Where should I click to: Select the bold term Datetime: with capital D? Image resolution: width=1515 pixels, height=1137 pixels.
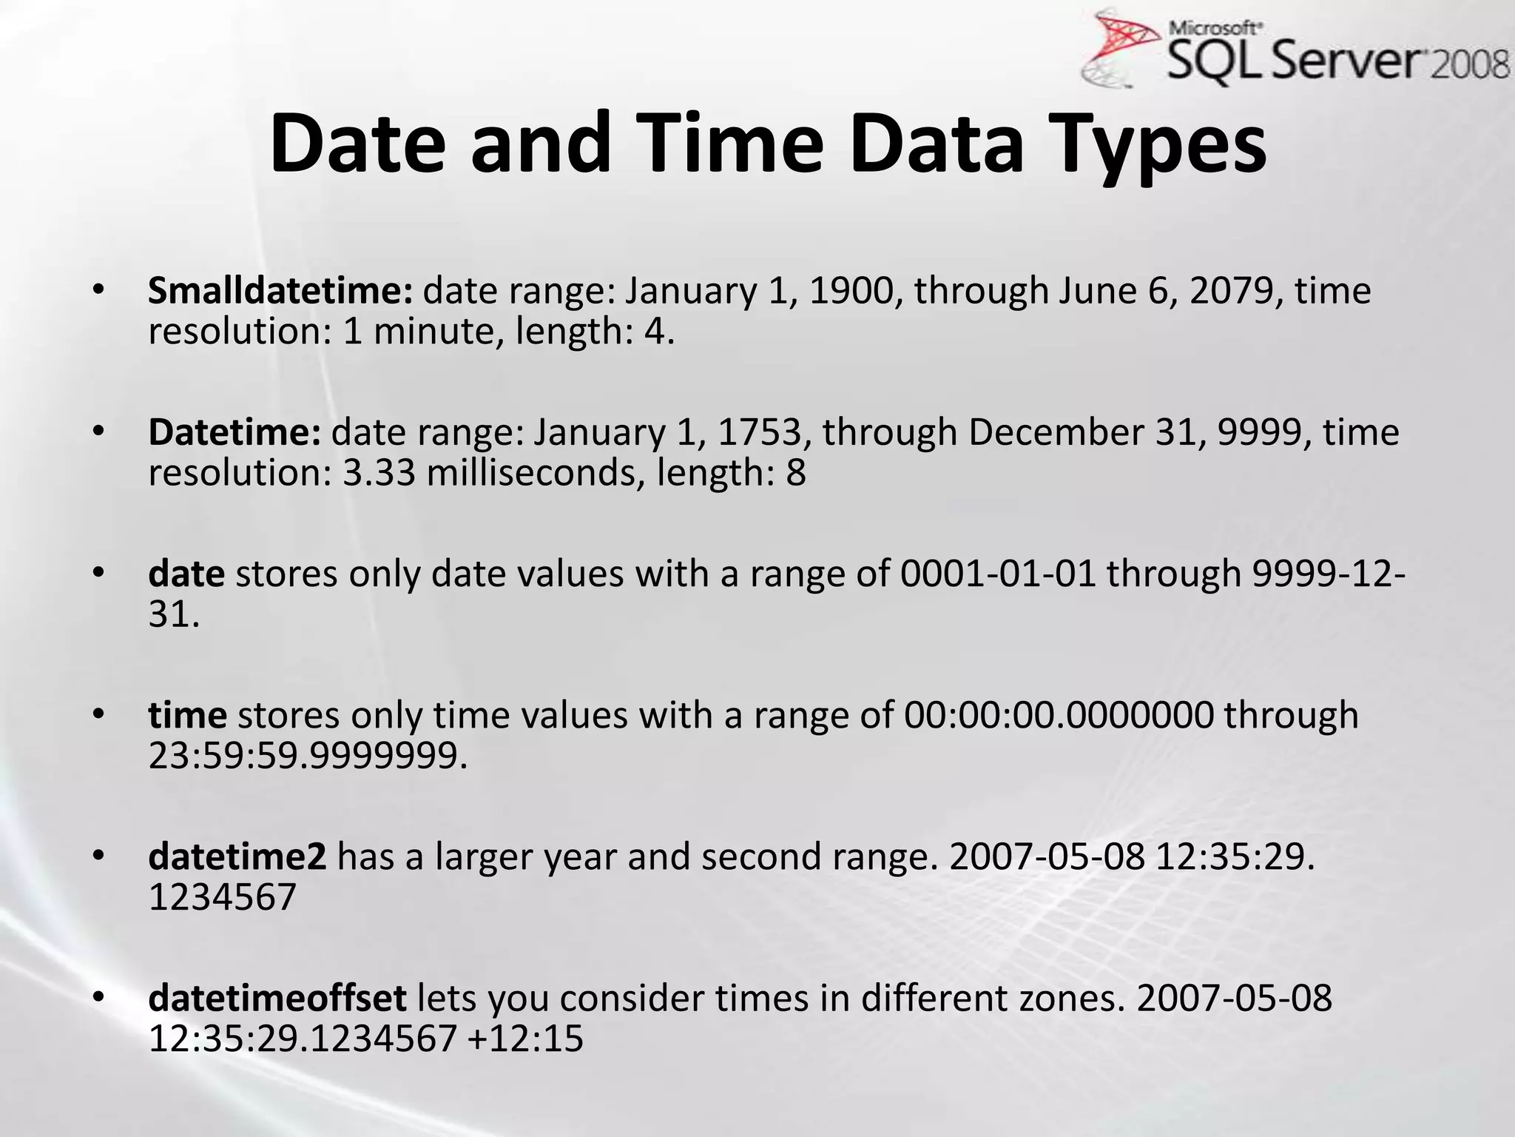tap(234, 432)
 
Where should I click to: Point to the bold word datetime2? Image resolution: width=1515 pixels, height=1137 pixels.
tap(237, 857)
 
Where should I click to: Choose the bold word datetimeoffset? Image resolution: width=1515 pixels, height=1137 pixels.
tap(277, 999)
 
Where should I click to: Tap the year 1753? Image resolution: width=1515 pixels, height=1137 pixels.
tap(760, 433)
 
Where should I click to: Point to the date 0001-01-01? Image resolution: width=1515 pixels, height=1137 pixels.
tap(998, 574)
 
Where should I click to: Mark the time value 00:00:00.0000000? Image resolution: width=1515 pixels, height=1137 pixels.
tap(1059, 716)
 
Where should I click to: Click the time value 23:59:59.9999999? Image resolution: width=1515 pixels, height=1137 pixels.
tap(308, 756)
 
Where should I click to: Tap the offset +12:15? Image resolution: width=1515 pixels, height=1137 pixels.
tap(526, 1039)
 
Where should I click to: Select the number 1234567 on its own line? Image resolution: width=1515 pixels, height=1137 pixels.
tap(222, 897)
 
